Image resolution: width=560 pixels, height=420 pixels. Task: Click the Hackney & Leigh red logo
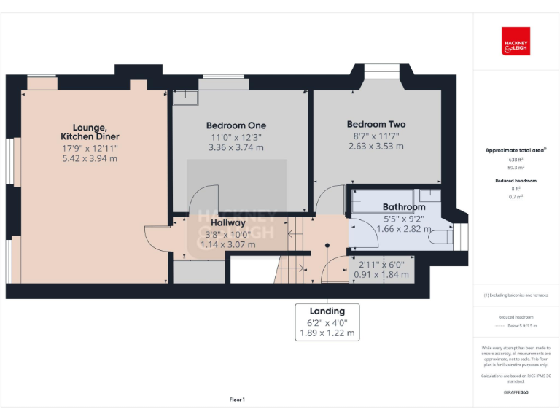click(516, 42)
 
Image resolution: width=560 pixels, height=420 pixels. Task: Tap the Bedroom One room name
click(236, 125)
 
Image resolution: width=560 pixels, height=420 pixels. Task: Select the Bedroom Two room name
click(376, 124)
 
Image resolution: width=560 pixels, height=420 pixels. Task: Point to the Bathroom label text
click(404, 207)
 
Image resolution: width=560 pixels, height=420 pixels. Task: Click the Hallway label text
click(228, 223)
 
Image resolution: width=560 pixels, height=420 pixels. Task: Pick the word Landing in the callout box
click(327, 311)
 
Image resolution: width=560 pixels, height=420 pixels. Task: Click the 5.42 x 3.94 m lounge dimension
click(90, 158)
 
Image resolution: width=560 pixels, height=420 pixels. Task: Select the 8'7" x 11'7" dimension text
click(376, 135)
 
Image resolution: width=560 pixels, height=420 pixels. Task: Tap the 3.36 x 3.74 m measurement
click(236, 147)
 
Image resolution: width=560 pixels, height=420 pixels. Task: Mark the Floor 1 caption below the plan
click(237, 400)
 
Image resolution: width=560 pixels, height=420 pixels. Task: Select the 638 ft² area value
click(516, 159)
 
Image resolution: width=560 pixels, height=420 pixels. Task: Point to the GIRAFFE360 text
click(516, 392)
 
